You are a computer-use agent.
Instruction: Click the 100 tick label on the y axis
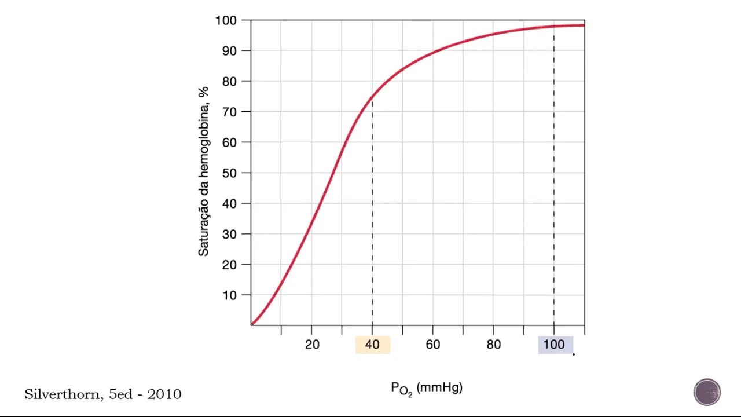(x=226, y=21)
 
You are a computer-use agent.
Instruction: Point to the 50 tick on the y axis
(x=229, y=173)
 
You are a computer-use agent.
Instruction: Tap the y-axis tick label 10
(x=229, y=295)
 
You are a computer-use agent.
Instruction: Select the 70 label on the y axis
(x=229, y=112)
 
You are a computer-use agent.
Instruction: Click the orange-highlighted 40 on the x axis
(x=372, y=345)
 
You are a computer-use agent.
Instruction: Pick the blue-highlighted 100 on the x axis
(x=554, y=345)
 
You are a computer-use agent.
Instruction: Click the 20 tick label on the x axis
(x=312, y=345)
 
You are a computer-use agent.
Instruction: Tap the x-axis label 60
(x=433, y=345)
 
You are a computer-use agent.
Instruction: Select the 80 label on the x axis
(x=494, y=345)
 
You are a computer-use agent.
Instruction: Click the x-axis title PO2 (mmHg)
(x=427, y=388)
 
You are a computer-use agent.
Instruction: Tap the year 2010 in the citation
(x=164, y=394)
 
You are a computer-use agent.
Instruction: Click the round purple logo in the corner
(x=707, y=392)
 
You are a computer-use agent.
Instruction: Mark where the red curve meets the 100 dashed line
(x=554, y=27)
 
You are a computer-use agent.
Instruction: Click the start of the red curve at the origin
(x=252, y=323)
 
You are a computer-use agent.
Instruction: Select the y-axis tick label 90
(x=229, y=51)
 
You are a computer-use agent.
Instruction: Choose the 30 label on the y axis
(x=229, y=234)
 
